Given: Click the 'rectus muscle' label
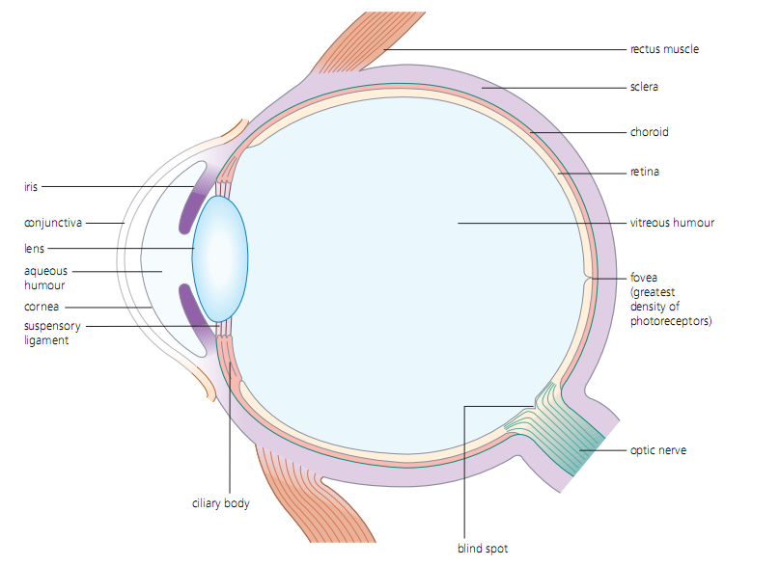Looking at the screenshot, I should tap(664, 49).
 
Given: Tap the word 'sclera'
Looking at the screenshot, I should tap(644, 87).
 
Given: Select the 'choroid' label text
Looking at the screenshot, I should tap(649, 132).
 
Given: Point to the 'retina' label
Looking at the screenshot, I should tap(645, 173).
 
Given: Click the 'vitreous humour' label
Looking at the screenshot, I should tap(672, 223).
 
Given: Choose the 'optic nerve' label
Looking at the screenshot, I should tap(658, 450).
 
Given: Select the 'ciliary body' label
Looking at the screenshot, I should tap(221, 503).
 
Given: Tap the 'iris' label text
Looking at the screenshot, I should tap(32, 186).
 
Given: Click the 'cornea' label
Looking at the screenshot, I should tap(42, 307).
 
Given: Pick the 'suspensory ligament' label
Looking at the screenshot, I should tap(52, 333).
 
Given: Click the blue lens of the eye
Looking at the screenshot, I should tap(220, 257).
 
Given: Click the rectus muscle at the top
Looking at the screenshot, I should tap(356, 43).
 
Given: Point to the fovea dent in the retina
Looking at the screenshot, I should tap(588, 279).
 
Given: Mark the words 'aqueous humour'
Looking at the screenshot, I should tap(46, 278).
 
